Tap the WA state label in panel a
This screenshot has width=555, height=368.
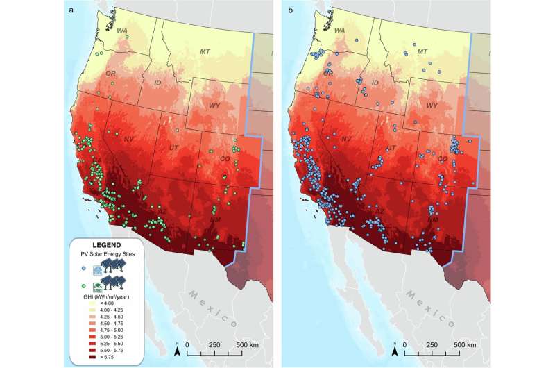[121, 31]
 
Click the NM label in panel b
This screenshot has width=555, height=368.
[431, 219]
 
